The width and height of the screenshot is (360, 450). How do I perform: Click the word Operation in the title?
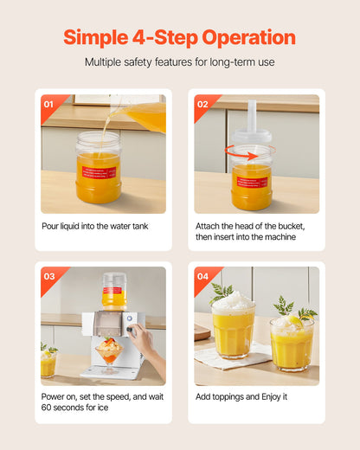(x=248, y=38)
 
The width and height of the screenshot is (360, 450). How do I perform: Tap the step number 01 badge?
(x=48, y=104)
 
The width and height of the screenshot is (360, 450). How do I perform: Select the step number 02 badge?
(x=202, y=104)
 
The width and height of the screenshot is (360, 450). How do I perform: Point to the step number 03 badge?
(x=49, y=276)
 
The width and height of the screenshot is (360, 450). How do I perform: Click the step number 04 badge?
(x=202, y=276)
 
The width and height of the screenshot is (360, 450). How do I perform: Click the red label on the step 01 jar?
(x=99, y=172)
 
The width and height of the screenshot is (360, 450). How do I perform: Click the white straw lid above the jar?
(x=252, y=121)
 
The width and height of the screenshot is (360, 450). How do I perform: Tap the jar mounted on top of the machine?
(x=114, y=292)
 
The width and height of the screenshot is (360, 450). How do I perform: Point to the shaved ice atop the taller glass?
(x=234, y=301)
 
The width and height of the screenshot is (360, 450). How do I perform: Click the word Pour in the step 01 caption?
(x=50, y=226)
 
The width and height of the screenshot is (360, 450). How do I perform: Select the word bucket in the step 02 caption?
(x=292, y=226)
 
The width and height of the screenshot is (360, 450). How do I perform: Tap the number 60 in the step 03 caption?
(x=46, y=408)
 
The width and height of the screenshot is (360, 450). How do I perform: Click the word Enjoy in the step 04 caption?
(x=271, y=397)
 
